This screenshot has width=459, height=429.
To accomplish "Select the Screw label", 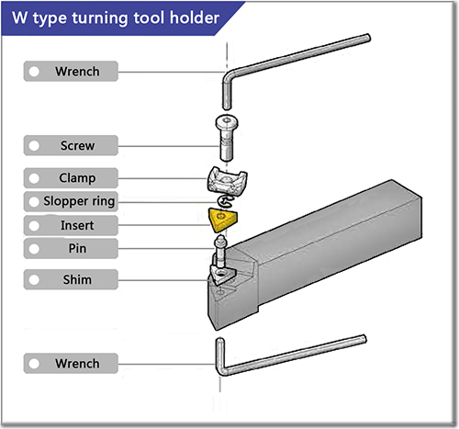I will coord(77,145).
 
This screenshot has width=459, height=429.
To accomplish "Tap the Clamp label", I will coord(77,176).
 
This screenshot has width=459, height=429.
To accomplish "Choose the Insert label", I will coord(77,225).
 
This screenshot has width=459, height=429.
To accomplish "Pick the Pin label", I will coord(77,248).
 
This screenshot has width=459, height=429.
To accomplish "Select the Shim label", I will coord(77,278).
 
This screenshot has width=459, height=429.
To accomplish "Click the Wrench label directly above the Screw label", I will coord(77,71).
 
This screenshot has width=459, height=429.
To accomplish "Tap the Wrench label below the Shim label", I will coord(77,364).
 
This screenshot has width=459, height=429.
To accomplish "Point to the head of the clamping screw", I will coord(223,125).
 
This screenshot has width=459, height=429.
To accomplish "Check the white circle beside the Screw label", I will coord(34,145).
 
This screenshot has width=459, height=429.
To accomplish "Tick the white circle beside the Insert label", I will coord(34,225).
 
